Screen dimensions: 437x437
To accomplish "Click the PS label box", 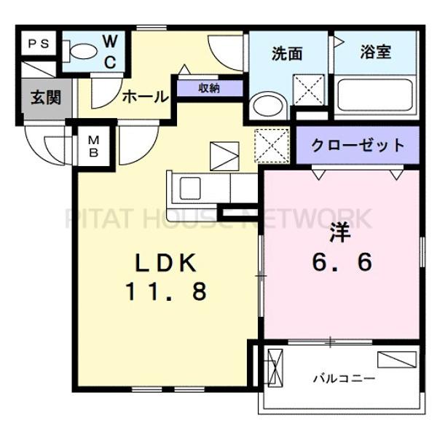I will point(38,43).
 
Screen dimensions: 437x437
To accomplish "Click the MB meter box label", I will point(95,146).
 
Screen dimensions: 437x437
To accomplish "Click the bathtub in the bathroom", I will point(377,97).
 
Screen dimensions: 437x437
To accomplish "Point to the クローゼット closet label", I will point(358,144).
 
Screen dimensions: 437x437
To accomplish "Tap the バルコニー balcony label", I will point(344,378).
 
